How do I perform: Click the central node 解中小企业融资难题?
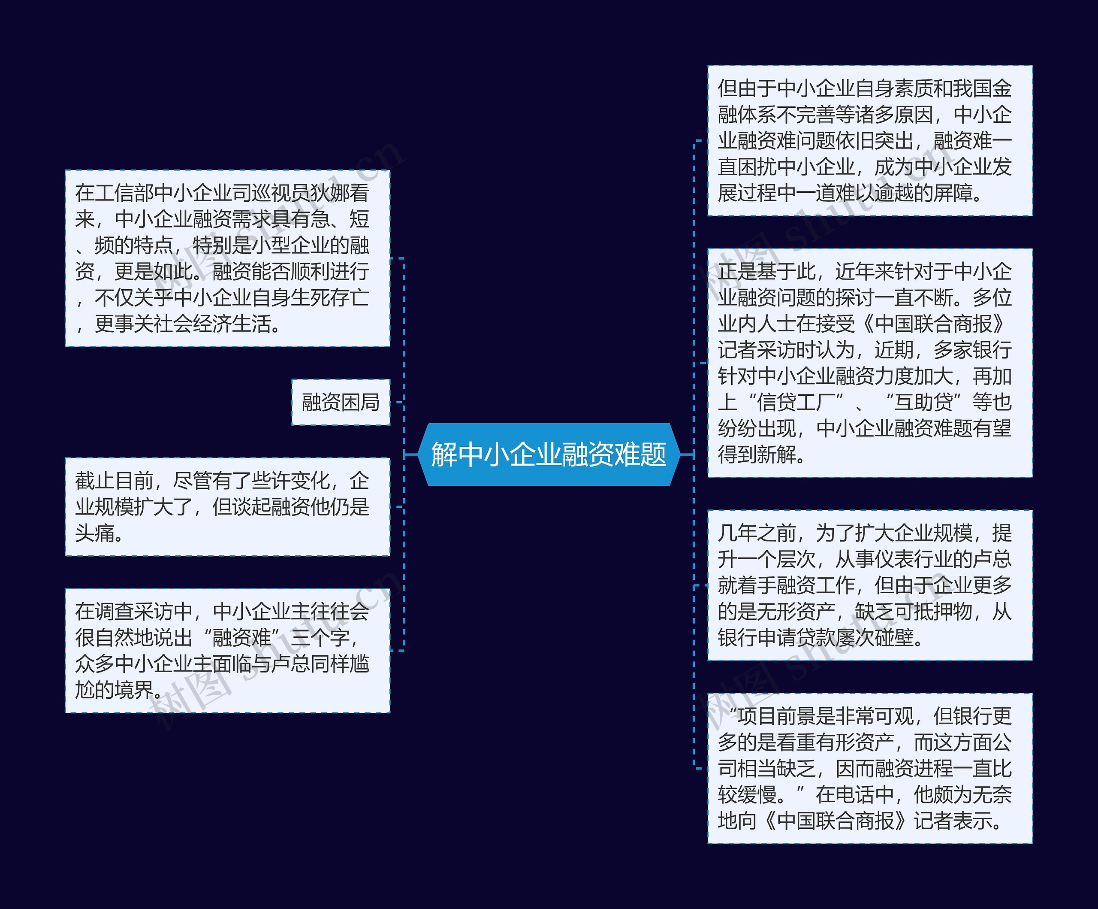coord(549,454)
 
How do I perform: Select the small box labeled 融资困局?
coord(341,402)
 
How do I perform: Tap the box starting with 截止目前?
coord(227,506)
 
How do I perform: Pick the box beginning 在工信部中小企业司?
coord(227,258)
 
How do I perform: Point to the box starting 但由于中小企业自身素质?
coord(869,140)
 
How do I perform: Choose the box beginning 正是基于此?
coord(869,363)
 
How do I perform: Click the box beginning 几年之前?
coord(869,585)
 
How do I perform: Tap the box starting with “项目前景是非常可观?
coord(869,768)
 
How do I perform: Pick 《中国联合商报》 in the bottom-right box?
coord(835,821)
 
